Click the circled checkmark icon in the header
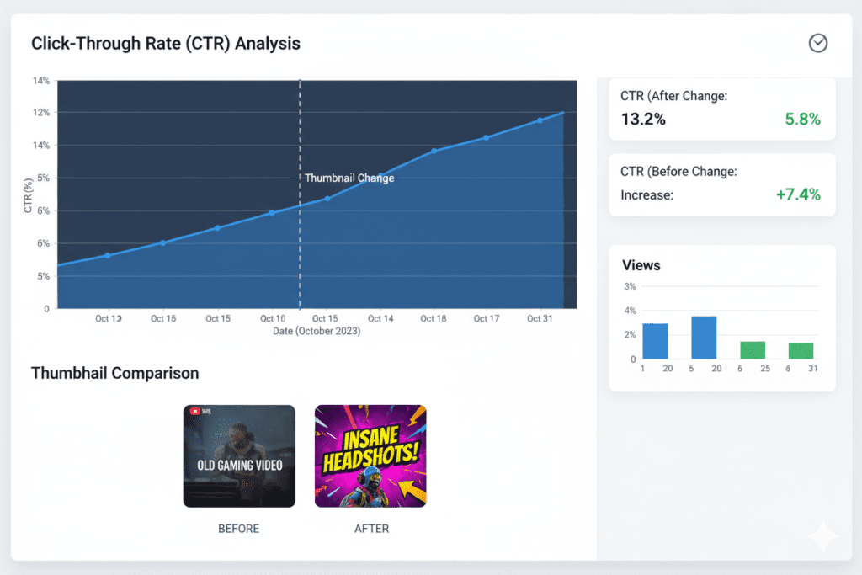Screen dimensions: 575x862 coord(817,43)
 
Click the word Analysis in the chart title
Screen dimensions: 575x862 coord(268,43)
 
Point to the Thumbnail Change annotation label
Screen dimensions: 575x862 coord(349,178)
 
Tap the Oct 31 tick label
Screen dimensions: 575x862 coord(540,319)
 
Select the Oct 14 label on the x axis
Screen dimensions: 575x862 coord(380,319)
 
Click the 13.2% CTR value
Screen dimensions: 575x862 coord(643,119)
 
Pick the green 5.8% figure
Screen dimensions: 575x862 coord(802,119)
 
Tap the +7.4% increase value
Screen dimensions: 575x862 coord(797,195)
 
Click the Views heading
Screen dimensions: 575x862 coord(641,265)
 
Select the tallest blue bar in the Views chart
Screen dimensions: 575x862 coord(704,338)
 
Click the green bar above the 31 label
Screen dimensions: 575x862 coord(801,350)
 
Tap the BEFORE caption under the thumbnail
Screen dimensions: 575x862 coord(239,529)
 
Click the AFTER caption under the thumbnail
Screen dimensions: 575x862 coord(371,529)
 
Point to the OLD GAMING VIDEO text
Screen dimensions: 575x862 coord(240,465)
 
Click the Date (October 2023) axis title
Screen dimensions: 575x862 coord(317,332)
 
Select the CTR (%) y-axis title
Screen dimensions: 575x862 coord(29,195)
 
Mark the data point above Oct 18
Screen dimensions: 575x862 coord(434,151)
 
